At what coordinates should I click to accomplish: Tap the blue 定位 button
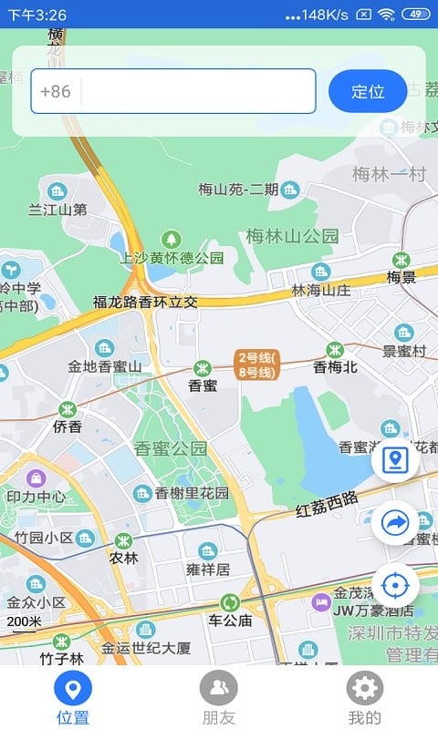coord(367,91)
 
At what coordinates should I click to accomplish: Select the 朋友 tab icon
coord(219,688)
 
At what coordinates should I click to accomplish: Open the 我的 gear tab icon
coord(365,688)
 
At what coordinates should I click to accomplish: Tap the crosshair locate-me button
coord(395,584)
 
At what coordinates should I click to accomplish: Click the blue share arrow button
coord(395,522)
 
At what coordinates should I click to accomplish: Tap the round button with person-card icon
coord(395,460)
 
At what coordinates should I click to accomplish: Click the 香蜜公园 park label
coord(171,448)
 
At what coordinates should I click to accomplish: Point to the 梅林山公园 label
coord(292,236)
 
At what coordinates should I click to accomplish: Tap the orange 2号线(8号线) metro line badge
coord(256,364)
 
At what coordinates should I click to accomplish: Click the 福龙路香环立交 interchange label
coord(145,302)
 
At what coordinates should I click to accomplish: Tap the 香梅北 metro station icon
coord(336,349)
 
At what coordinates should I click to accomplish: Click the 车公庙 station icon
coord(229,602)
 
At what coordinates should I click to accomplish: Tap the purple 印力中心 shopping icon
coord(36,477)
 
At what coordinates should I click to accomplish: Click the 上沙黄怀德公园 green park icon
coord(171,239)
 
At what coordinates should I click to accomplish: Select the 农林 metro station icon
coord(123,539)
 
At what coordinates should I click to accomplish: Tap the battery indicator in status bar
coord(415,14)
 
